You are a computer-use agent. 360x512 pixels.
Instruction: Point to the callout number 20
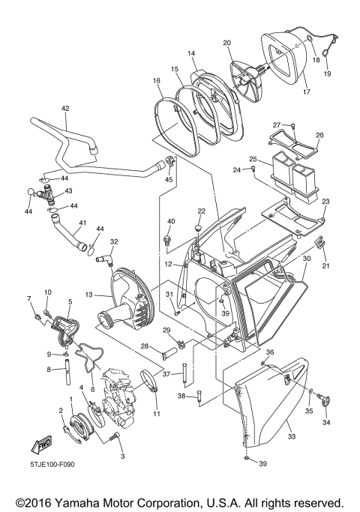tap(226, 43)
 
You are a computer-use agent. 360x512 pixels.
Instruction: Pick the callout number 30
tap(307, 258)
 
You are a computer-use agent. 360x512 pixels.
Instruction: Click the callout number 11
tap(157, 413)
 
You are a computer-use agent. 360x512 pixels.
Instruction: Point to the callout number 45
tap(169, 179)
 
